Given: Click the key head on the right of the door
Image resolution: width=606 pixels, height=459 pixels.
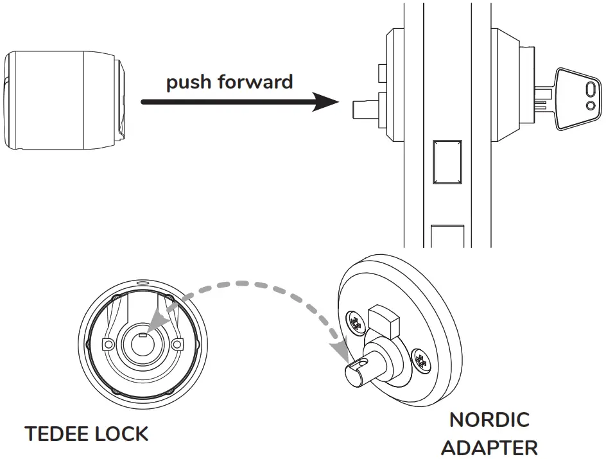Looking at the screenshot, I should click(x=578, y=99).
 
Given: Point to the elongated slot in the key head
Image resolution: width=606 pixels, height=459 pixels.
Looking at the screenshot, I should click(x=589, y=89).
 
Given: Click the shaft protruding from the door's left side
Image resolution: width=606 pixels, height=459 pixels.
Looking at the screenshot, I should click(x=365, y=108).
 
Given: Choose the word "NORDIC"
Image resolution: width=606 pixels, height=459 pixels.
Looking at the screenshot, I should click(x=489, y=420).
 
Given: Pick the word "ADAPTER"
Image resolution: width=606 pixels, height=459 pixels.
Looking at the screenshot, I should click(x=489, y=447).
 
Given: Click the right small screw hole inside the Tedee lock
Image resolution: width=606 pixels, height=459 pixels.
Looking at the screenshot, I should click(x=177, y=345).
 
